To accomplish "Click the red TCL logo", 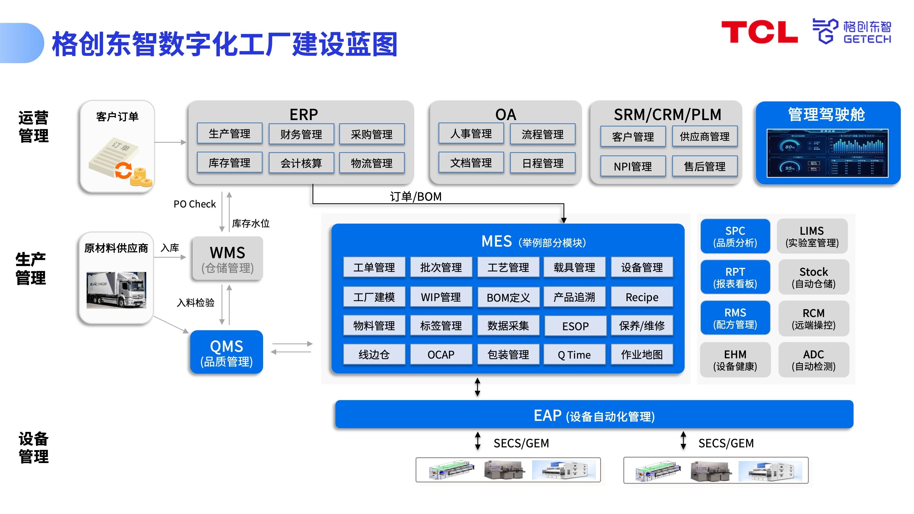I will (759, 32).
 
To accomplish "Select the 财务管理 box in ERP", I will (301, 134).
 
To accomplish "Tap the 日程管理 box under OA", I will (542, 163).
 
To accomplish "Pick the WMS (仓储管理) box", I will (227, 259).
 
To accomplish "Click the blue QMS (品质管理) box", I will (226, 352).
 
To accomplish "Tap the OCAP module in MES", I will (441, 354).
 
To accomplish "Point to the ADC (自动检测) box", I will (813, 360).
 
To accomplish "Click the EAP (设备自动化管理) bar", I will (594, 415).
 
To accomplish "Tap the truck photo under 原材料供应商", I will (116, 290).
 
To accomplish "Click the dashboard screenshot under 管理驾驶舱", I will (827, 153).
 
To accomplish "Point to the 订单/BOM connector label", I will (416, 196).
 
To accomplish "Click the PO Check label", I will (195, 204).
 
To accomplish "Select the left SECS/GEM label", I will (521, 443).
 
